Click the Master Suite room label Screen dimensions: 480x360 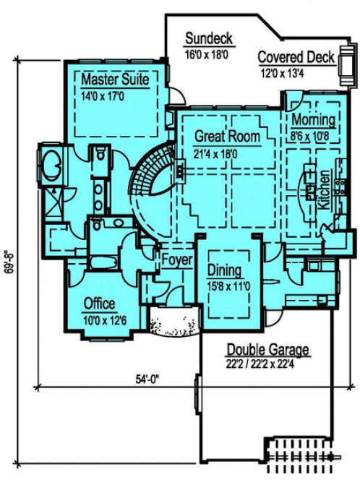[114, 78]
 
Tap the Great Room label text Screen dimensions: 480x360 [226, 136]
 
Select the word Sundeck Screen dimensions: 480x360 [208, 38]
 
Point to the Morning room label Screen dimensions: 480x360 [313, 119]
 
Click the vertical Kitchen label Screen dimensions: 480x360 [325, 189]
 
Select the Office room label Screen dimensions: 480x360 [98, 303]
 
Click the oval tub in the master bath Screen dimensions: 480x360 [53, 164]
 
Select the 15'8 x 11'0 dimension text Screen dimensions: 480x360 [228, 286]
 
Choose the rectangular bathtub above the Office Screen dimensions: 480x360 [101, 262]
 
